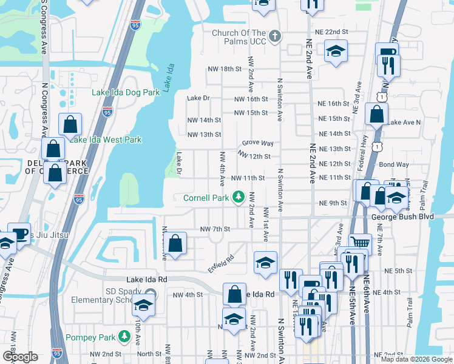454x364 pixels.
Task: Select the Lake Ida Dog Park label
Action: click(125, 93)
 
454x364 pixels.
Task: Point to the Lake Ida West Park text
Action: click(106, 140)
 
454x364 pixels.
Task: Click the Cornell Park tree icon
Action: click(240, 198)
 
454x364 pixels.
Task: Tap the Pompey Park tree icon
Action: click(124, 335)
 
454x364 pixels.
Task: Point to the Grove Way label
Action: click(257, 143)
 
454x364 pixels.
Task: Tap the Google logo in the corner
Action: click(19, 357)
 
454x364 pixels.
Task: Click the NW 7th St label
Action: click(215, 229)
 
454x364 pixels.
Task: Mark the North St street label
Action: click(149, 354)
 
